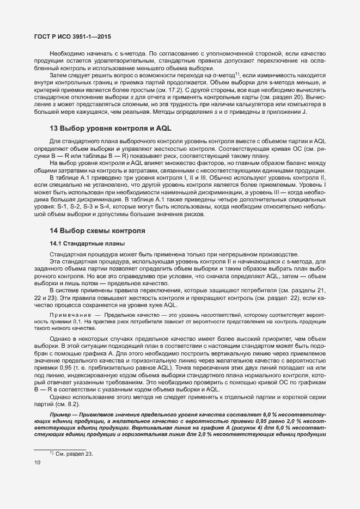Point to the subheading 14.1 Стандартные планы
(82, 243)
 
